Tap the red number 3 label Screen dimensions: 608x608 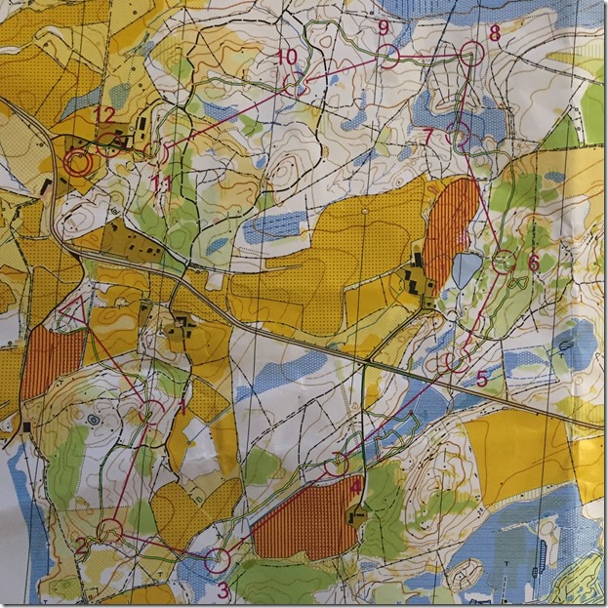click(x=223, y=589)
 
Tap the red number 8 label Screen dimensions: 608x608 click(x=495, y=33)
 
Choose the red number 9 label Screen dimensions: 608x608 click(x=383, y=26)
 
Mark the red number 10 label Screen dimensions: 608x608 click(x=286, y=58)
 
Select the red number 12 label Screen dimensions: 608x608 click(x=104, y=114)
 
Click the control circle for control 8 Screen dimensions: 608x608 click(x=472, y=53)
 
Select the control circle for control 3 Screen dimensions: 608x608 click(x=218, y=560)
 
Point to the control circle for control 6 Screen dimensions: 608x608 click(x=504, y=261)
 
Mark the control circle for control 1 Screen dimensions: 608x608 click(x=151, y=411)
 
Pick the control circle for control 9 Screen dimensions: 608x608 click(x=388, y=56)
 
